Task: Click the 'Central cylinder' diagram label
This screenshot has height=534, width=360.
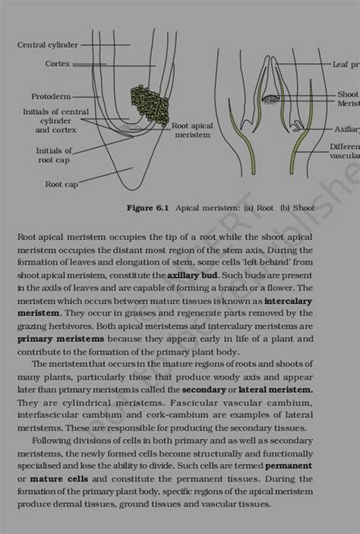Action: tap(47, 45)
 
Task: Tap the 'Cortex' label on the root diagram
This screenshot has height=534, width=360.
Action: tap(57, 64)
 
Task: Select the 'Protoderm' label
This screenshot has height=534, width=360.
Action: tap(51, 96)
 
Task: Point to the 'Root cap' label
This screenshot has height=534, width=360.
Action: tap(61, 184)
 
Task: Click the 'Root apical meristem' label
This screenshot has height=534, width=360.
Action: tap(193, 130)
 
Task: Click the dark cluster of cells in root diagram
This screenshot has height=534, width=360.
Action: tap(148, 106)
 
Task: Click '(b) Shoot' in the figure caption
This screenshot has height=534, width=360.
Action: tap(298, 207)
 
